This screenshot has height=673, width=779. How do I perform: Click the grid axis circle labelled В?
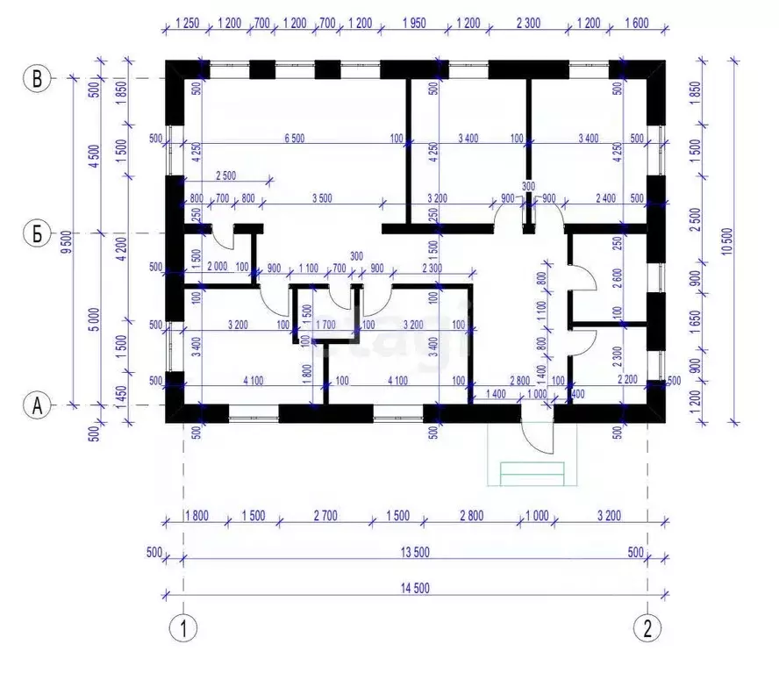[x=37, y=79]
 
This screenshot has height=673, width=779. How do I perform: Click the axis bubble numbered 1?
[x=182, y=628]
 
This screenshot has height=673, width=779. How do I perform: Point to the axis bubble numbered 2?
[x=647, y=628]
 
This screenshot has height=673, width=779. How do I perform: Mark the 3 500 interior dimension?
[x=320, y=198]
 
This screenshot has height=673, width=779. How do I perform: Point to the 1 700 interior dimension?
[x=325, y=324]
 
